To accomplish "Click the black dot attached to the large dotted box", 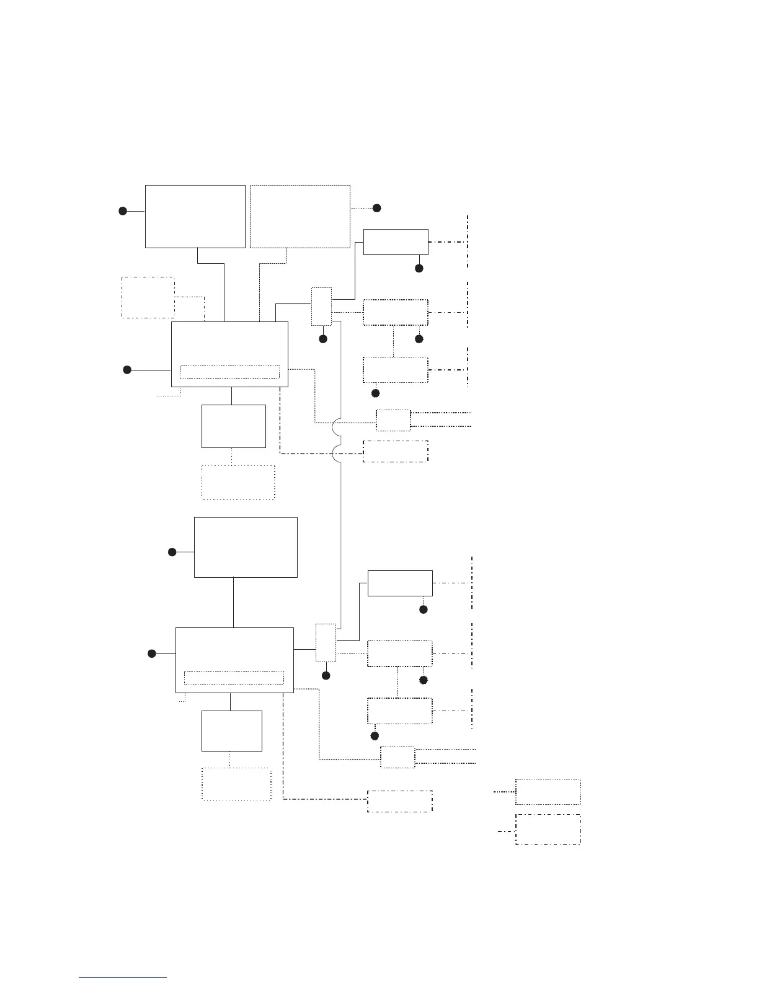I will click(376, 208).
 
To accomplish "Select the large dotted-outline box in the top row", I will click(300, 216).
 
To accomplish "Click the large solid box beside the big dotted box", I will click(195, 216).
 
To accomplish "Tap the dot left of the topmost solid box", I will click(123, 211).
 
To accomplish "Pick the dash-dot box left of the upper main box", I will click(148, 297).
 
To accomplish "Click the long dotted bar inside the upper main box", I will click(229, 372).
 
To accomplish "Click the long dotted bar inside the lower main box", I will click(234, 677).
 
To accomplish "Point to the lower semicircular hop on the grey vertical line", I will click(335, 454).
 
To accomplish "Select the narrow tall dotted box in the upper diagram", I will click(321, 306).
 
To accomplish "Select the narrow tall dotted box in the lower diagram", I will click(326, 642).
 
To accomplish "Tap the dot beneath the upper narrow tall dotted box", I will click(322, 339).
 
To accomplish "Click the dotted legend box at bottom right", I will click(548, 791).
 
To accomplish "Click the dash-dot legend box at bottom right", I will click(548, 829).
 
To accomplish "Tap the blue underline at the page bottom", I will click(123, 978).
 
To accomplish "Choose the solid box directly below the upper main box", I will click(233, 426).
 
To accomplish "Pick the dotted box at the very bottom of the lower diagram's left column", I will click(236, 784).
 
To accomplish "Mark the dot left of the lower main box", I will click(152, 653).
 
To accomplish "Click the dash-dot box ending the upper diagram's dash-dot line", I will click(395, 451).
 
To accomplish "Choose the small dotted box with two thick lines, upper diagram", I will click(393, 420).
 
